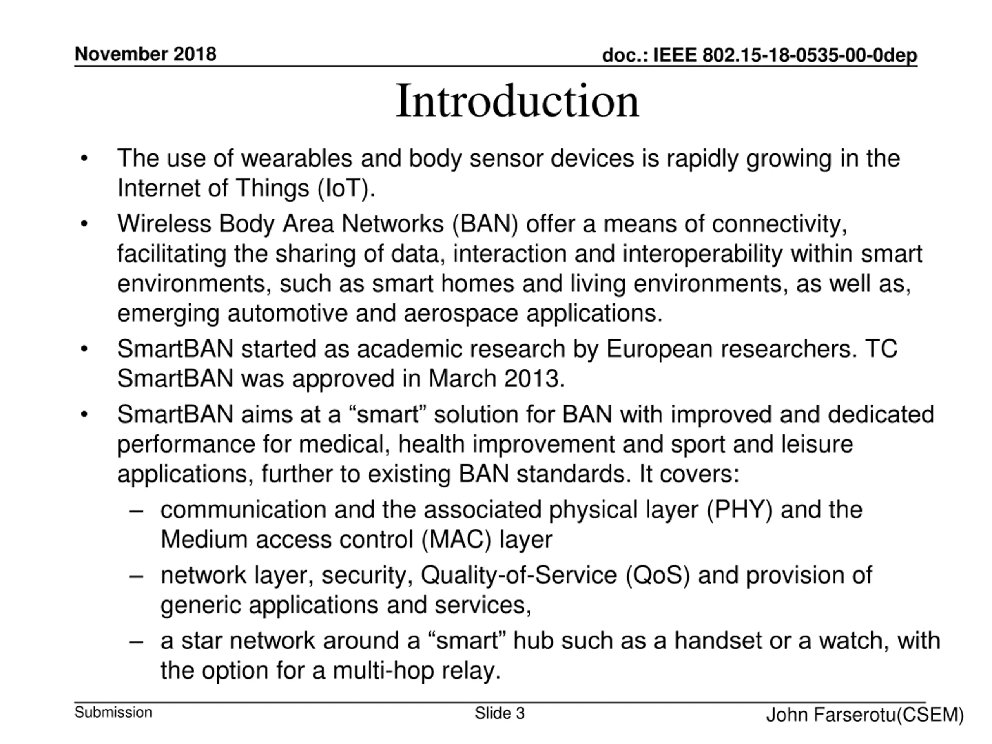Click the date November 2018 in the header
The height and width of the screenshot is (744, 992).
pyautogui.click(x=145, y=54)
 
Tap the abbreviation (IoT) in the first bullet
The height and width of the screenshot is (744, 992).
pyautogui.click(x=346, y=188)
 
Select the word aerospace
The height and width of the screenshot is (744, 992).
pyautogui.click(x=461, y=313)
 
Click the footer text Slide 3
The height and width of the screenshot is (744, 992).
pyautogui.click(x=499, y=713)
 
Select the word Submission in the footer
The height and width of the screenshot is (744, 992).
pyautogui.click(x=114, y=712)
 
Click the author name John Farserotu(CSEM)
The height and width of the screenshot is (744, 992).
pyautogui.click(x=865, y=715)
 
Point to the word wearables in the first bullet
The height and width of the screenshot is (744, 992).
pyautogui.click(x=297, y=158)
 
